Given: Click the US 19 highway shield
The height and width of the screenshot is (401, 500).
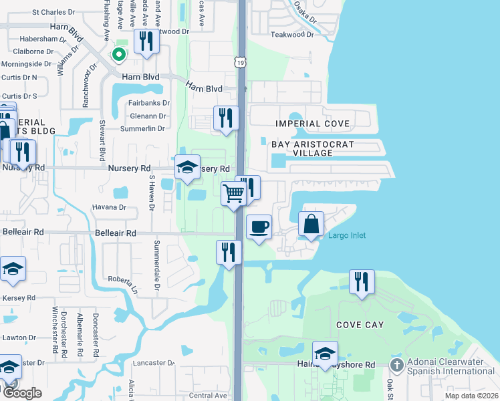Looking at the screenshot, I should click(239, 61).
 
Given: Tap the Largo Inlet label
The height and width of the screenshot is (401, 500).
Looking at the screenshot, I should click(347, 235).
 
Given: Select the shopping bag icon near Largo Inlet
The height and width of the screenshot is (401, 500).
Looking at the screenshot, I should click(311, 224).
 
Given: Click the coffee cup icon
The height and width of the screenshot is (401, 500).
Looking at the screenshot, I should click(259, 227).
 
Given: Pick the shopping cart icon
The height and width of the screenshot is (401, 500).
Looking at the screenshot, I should click(233, 194).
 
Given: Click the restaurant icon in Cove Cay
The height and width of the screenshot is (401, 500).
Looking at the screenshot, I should click(362, 281).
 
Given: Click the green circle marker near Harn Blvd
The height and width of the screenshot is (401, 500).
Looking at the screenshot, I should click(119, 54).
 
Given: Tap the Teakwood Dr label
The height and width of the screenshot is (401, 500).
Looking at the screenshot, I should click(291, 34).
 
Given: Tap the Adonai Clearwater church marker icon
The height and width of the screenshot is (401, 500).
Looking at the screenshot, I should click(396, 365).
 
